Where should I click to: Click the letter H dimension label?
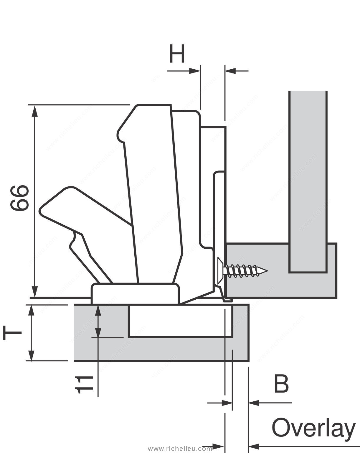[x=177, y=53]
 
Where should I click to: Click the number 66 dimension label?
[x=19, y=198]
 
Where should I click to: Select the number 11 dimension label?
[x=84, y=385]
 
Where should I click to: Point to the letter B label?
[x=281, y=384]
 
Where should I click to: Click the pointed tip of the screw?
[x=267, y=271]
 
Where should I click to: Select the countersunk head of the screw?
[x=220, y=271]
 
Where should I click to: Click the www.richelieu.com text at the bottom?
[x=180, y=449]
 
